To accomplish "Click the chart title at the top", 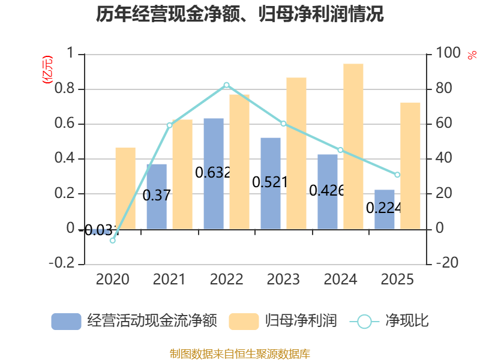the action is tap(239, 14).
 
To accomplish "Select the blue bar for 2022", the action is tap(214, 173).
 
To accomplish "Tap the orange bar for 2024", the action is tap(353, 146).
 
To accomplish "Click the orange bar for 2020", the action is tap(125, 188).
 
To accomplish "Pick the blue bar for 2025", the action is tap(385, 209).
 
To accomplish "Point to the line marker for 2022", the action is tap(227, 85).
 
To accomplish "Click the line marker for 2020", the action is tap(113, 241).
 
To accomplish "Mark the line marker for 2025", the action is tap(397, 175).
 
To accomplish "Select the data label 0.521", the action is tap(269, 182).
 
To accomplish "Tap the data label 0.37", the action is tap(157, 196).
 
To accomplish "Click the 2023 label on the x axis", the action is tap(283, 279).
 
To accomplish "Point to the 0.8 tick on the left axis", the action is tap(65, 88).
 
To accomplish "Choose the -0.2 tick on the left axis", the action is tap(62, 263).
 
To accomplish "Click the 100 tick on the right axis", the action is tap(448, 53).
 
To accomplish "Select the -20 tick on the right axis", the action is tap(447, 263).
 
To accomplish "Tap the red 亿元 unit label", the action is tap(47, 70).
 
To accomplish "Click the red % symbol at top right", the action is tap(472, 55).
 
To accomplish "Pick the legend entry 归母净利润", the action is tap(283, 321).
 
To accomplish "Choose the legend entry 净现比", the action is tap(389, 321).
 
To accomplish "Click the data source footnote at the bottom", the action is tap(240, 354).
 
